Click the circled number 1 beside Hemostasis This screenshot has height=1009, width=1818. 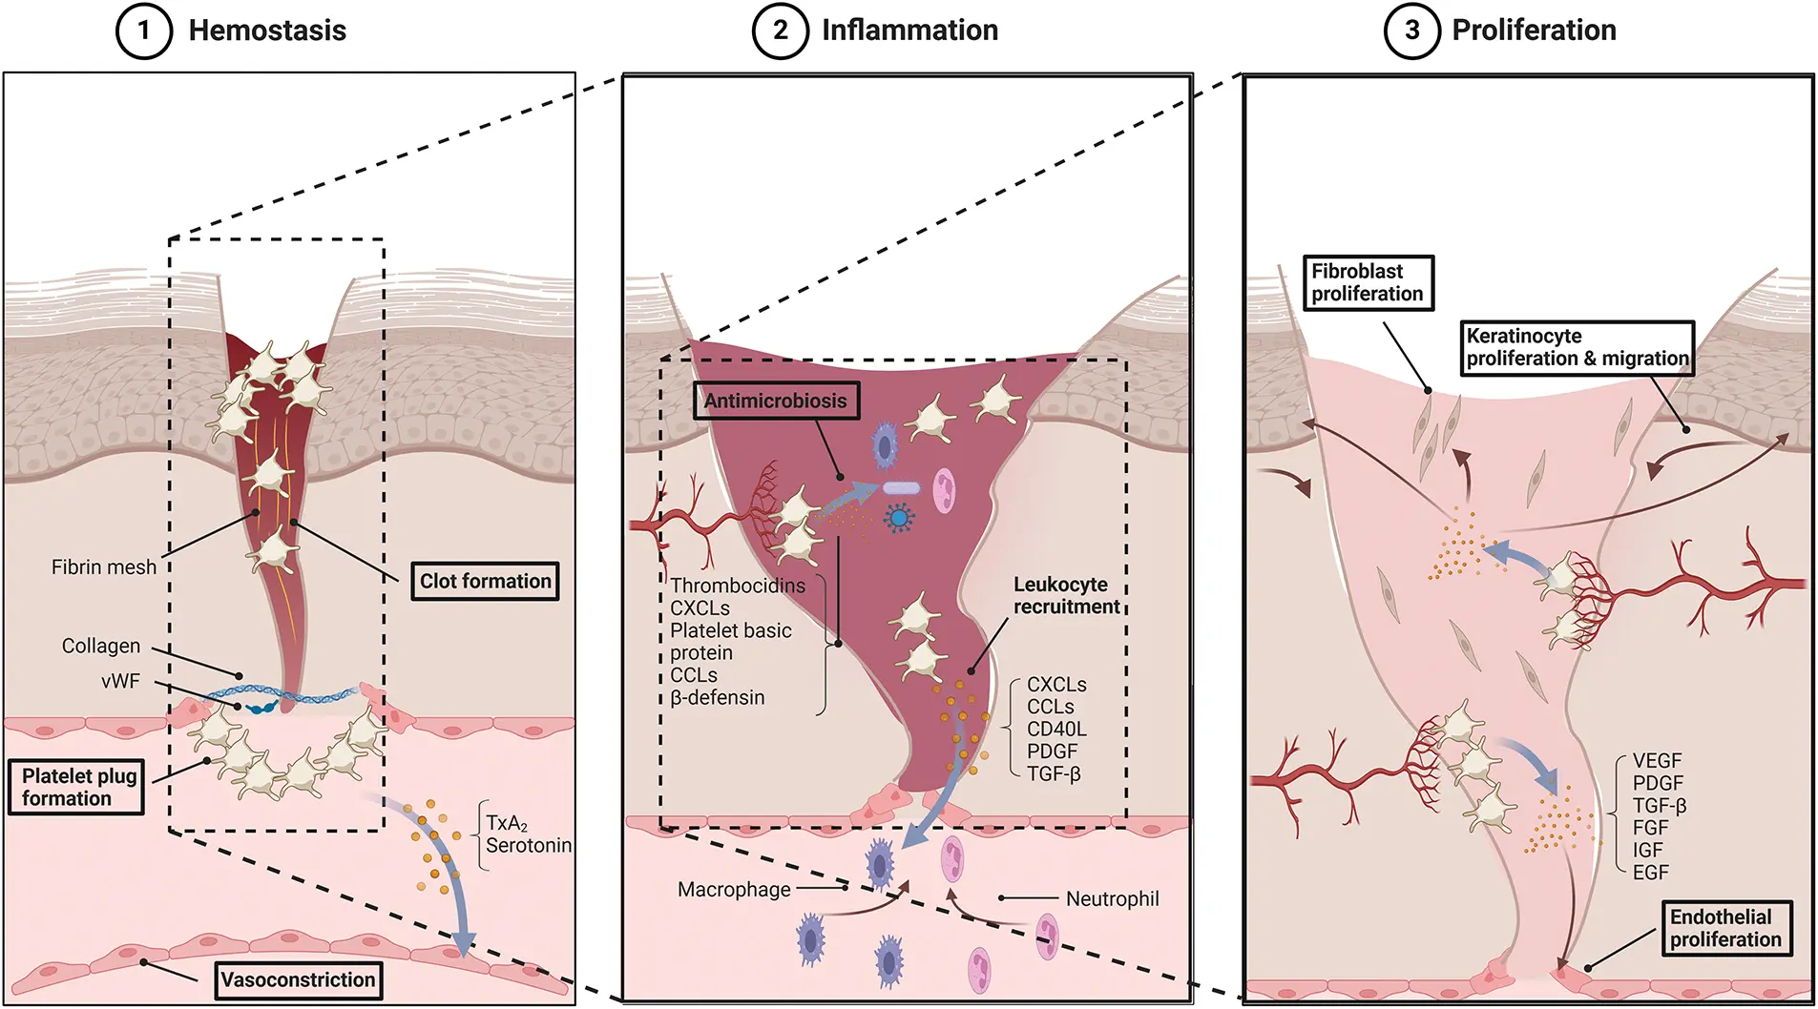click(143, 31)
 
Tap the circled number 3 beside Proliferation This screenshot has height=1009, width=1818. click(1411, 31)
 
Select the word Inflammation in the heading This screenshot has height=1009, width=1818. click(909, 31)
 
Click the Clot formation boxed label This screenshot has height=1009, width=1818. click(485, 581)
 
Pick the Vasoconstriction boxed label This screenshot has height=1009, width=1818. click(298, 979)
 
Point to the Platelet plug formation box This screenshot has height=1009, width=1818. click(76, 787)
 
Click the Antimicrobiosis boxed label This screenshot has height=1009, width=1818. click(775, 401)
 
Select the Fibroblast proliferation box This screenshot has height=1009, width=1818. click(1368, 282)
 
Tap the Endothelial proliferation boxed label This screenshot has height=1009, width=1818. click(1725, 928)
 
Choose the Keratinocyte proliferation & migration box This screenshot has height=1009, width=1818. click(1577, 347)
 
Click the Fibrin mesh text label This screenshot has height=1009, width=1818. click(103, 567)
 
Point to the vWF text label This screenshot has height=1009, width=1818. click(120, 681)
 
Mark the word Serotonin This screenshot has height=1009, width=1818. click(528, 845)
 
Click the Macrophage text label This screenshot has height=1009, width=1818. click(734, 890)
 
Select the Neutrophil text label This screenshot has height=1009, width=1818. click(1112, 898)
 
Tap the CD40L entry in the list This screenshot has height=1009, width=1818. click(1056, 729)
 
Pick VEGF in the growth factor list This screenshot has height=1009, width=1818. click(1657, 761)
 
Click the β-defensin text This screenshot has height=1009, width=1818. click(717, 697)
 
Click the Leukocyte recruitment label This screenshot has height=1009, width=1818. click(1065, 595)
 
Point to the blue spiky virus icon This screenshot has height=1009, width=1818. click(898, 518)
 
